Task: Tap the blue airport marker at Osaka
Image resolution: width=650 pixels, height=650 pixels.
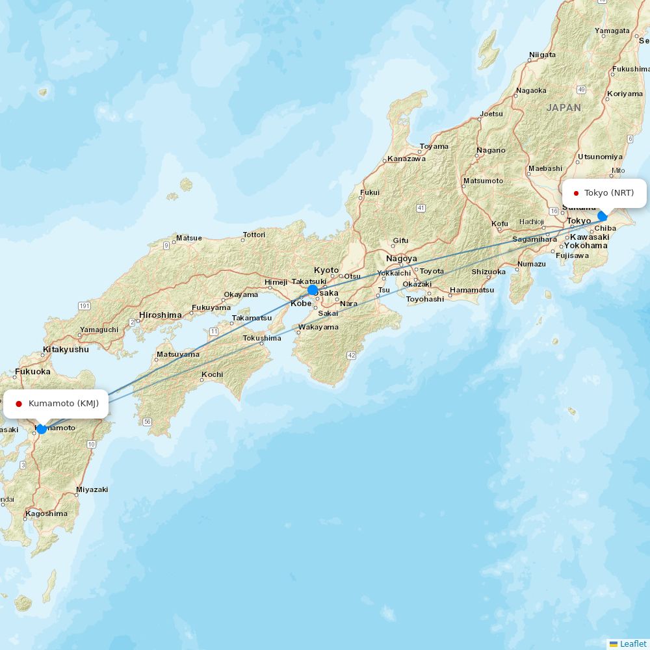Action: (313, 290)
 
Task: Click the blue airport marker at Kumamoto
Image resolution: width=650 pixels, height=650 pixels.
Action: (42, 429)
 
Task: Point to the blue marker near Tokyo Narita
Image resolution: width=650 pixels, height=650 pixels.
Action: (603, 215)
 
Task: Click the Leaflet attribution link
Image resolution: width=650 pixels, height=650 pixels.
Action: (632, 643)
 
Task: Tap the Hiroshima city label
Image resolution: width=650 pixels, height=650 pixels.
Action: (160, 315)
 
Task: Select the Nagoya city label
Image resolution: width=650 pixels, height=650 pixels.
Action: (401, 259)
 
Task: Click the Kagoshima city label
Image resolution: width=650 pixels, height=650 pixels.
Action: (46, 513)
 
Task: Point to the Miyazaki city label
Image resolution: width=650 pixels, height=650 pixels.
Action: (92, 489)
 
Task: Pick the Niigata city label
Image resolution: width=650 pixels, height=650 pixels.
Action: (542, 55)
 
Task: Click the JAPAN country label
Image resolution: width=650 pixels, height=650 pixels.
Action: (564, 108)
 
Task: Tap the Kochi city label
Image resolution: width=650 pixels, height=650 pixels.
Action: (212, 374)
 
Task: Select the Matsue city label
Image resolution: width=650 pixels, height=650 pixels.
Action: (188, 238)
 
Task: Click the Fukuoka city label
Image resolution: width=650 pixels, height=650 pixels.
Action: (32, 372)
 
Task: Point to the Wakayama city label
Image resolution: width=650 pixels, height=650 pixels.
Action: (318, 327)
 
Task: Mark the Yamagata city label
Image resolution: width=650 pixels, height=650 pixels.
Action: (612, 31)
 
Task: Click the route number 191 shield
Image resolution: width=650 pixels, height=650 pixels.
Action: (84, 305)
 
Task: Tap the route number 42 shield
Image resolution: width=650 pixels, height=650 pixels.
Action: (352, 355)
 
